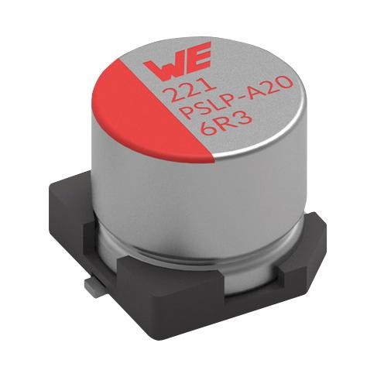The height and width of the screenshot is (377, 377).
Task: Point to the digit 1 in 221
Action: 210,87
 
